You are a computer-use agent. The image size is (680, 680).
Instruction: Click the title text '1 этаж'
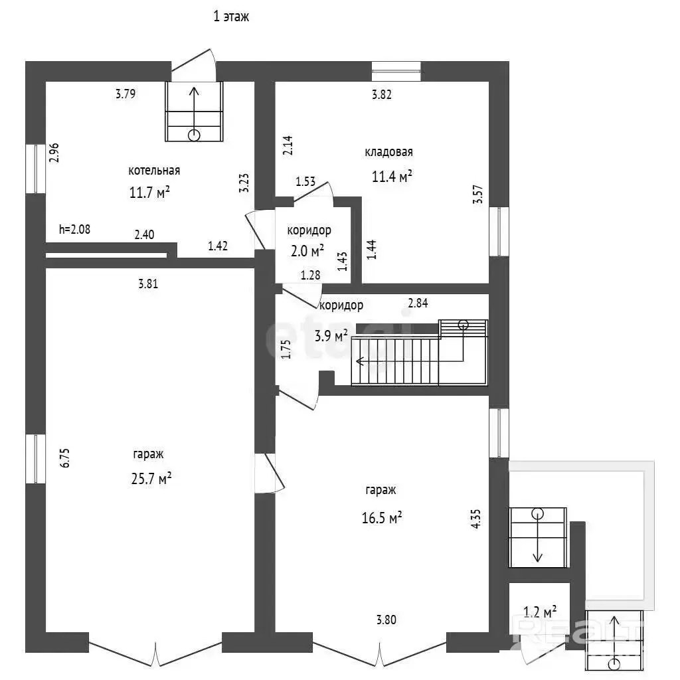[x=231, y=17]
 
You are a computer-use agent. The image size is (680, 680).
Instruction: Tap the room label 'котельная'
[x=154, y=171]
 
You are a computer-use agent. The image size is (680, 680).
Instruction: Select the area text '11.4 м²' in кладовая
[x=392, y=176]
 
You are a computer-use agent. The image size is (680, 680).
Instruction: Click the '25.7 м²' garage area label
[x=151, y=478]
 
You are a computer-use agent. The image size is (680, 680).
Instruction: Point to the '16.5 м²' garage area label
[x=382, y=517]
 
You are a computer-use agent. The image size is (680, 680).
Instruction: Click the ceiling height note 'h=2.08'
[x=74, y=229]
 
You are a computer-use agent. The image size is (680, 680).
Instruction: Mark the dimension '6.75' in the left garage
[x=64, y=458]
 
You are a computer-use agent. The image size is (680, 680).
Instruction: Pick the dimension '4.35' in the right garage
[x=475, y=519]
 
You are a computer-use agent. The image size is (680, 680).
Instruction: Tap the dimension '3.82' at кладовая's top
[x=382, y=94]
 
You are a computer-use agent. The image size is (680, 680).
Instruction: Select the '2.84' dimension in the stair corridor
[x=418, y=303]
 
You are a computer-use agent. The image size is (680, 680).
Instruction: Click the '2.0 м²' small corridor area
[x=307, y=250]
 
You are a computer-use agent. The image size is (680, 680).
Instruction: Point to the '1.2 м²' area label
[x=540, y=612]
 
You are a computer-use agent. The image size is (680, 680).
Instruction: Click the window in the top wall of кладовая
[x=396, y=72]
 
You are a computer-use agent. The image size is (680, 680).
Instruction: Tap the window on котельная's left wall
[x=36, y=169]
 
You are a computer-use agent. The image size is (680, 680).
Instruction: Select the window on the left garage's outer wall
[x=36, y=459]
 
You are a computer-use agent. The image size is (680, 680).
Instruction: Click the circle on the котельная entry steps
[x=194, y=135]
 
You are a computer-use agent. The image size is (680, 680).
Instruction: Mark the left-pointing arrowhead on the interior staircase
[x=359, y=361]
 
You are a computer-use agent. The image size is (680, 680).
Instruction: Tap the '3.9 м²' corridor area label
[x=331, y=335]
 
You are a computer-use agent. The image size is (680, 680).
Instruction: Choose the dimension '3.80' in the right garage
[x=386, y=620]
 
